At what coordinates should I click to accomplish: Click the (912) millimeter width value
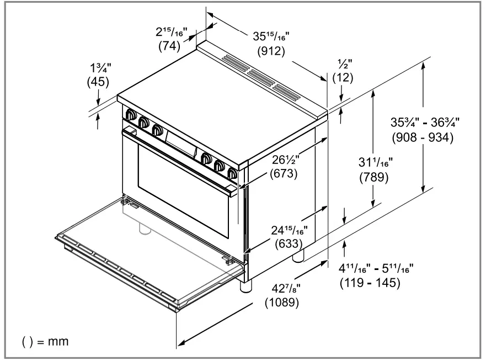pyautogui.click(x=271, y=52)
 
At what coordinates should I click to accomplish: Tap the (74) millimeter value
pyautogui.click(x=170, y=46)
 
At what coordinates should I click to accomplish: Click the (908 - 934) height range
pyautogui.click(x=423, y=138)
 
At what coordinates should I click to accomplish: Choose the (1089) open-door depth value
pyautogui.click(x=282, y=303)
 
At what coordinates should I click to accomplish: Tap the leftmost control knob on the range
pyautogui.click(x=131, y=115)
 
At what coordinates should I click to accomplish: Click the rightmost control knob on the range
pyautogui.click(x=233, y=174)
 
